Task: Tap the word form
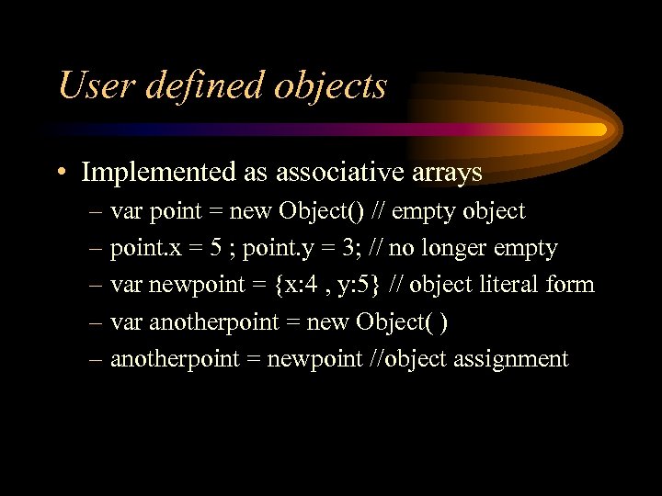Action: (x=571, y=285)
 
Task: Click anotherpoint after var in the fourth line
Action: (x=203, y=321)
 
